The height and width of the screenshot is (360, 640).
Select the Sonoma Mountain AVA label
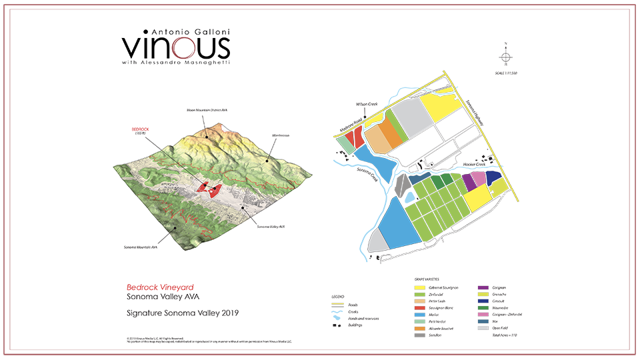[x=140, y=247]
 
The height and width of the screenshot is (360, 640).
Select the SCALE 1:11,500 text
[x=505, y=71]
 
